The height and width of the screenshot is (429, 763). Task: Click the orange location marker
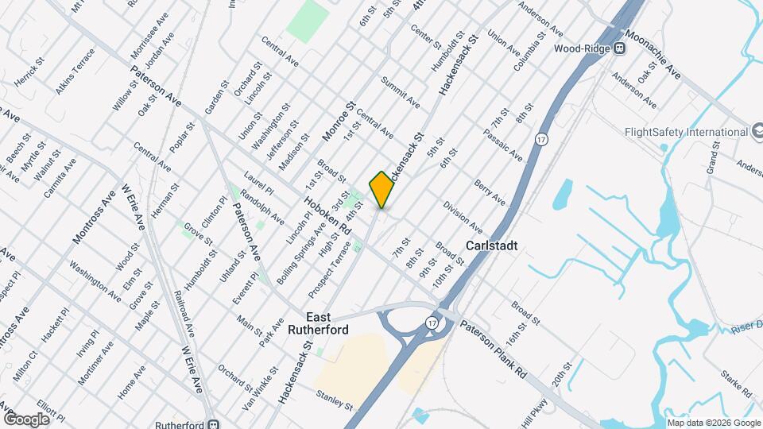coord(382,189)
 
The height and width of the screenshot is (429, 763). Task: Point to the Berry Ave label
coord(490,191)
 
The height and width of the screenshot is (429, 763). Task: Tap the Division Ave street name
coord(463,217)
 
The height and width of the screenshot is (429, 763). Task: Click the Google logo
coord(26,419)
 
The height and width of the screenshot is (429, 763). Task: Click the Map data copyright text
coord(712,423)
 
